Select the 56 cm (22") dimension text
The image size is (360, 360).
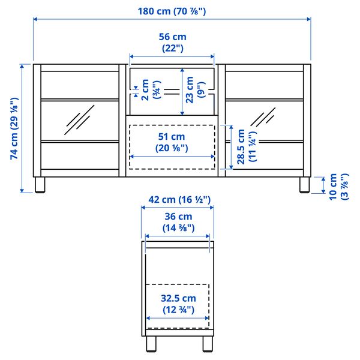tap(172, 42)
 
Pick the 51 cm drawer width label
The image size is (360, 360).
tap(172, 142)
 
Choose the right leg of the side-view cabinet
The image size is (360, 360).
tap(207, 344)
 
